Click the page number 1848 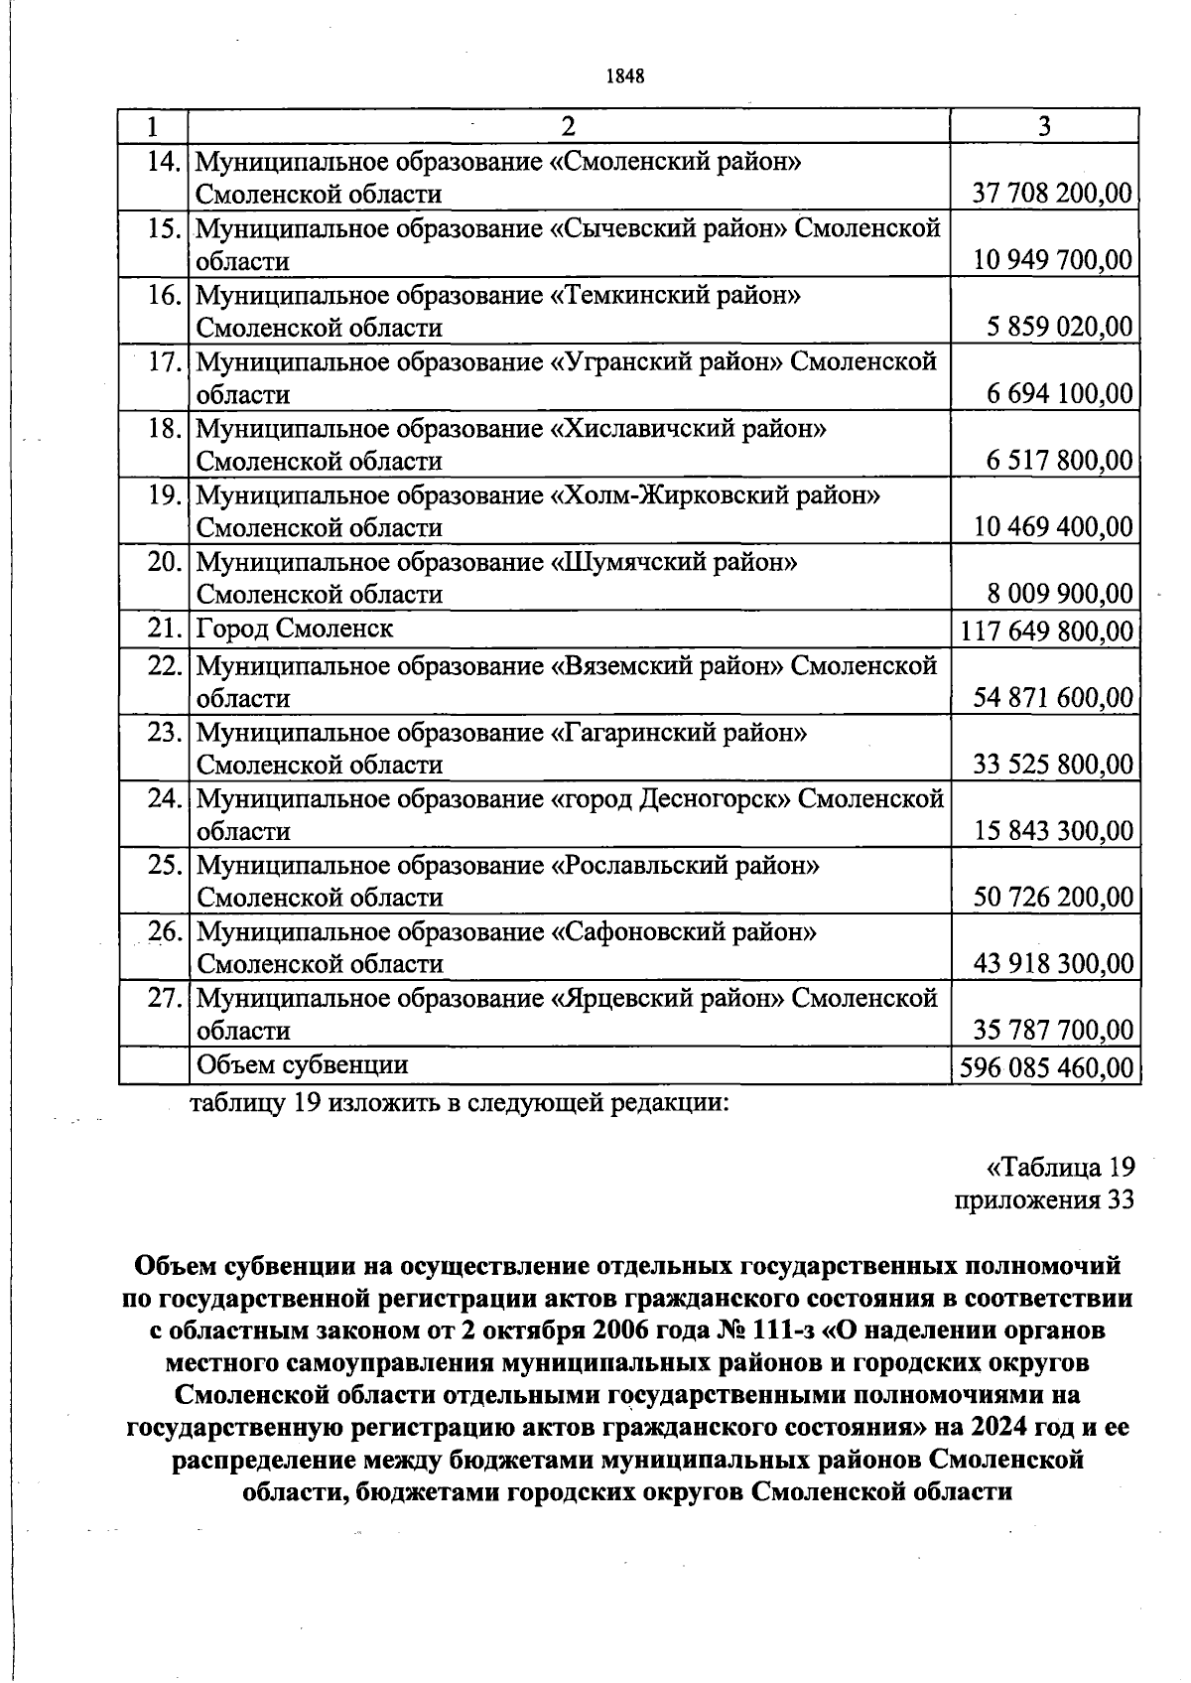tap(625, 76)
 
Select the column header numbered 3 tap(1044, 126)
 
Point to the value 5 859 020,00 tap(1059, 327)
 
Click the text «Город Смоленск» tap(295, 629)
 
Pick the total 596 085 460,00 tap(1046, 1067)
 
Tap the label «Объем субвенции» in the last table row tap(303, 1064)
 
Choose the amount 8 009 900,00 tap(1059, 594)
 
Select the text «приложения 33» tap(1043, 1199)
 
